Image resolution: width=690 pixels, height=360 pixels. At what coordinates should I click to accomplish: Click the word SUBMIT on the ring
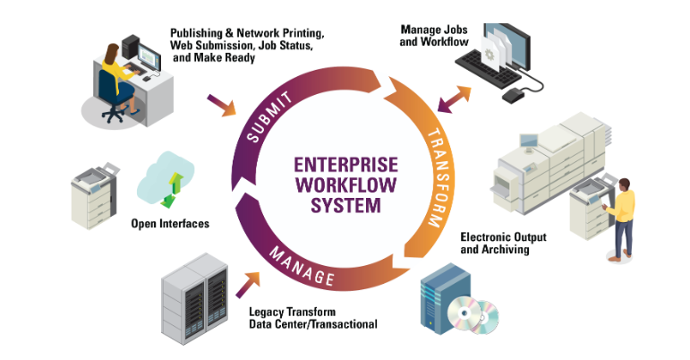tap(269, 116)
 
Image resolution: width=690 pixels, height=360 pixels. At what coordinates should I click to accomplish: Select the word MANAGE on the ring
tap(302, 266)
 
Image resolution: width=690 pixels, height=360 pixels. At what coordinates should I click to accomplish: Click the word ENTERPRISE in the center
tap(345, 165)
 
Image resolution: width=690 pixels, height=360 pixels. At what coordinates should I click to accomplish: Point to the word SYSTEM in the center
tap(345, 206)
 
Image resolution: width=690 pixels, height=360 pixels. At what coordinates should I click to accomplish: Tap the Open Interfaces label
tap(170, 224)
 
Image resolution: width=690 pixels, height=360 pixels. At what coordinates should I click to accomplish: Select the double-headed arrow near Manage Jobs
tap(454, 99)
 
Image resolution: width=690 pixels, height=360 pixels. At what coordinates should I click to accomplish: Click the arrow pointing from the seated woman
tap(222, 105)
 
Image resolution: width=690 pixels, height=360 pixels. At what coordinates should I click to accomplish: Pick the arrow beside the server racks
tap(248, 285)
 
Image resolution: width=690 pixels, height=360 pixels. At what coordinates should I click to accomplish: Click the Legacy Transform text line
tap(292, 312)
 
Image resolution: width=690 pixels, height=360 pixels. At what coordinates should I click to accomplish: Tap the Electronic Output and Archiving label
tap(504, 244)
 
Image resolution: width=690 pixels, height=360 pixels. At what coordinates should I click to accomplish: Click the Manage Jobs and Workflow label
tap(434, 36)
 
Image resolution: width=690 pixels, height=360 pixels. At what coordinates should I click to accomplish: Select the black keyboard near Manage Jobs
tap(488, 69)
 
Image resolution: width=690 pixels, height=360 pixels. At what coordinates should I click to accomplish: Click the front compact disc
tap(464, 314)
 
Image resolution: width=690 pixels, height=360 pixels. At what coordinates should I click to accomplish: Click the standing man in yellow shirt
tap(620, 219)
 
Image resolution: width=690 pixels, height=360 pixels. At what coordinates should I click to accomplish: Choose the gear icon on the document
tap(490, 55)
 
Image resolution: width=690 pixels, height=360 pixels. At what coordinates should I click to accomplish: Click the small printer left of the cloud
tap(94, 196)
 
